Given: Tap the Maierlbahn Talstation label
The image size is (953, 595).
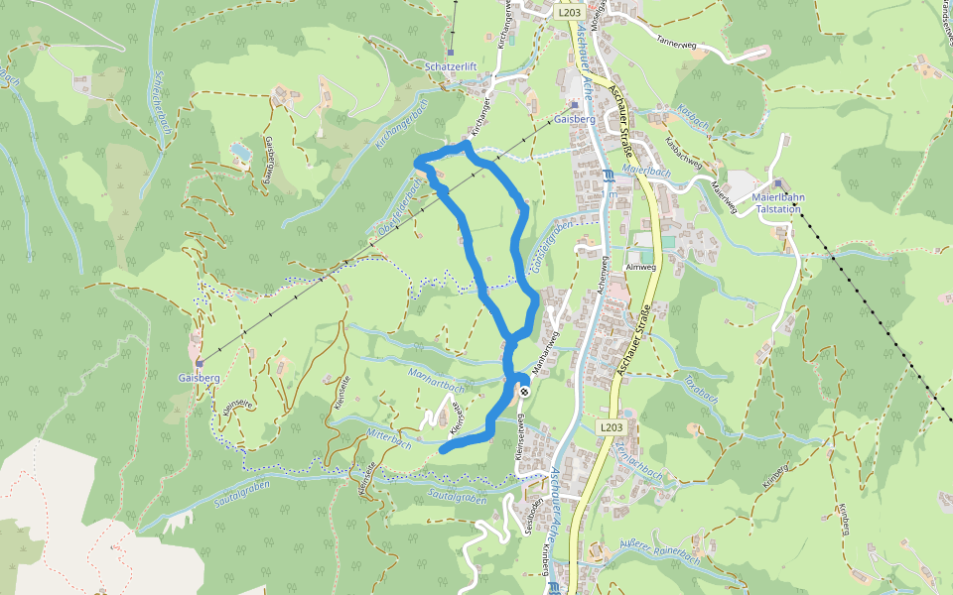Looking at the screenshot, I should (x=778, y=203).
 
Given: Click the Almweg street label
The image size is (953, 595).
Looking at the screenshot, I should (x=641, y=268).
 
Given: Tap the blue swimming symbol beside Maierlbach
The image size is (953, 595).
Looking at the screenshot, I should (x=609, y=176).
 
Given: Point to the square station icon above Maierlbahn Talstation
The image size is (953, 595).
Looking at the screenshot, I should (x=778, y=183).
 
